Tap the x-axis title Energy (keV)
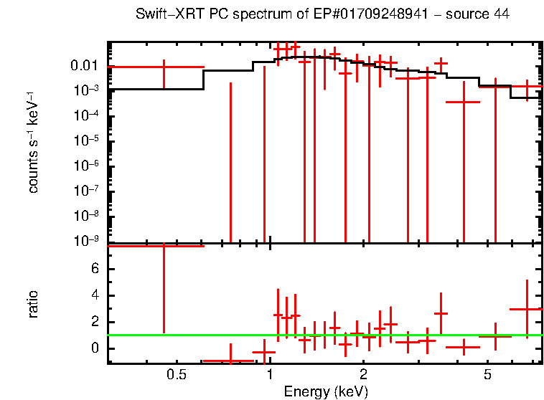click(x=325, y=391)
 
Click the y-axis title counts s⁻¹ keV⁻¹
click(x=34, y=155)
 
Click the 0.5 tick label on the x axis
click(x=176, y=375)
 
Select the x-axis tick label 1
click(x=269, y=375)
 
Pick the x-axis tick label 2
click(x=364, y=375)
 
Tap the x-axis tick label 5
click(x=487, y=375)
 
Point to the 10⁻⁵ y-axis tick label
click(x=88, y=141)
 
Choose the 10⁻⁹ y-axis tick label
click(x=88, y=242)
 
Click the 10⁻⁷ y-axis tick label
click(x=88, y=191)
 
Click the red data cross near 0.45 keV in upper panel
click(x=164, y=67)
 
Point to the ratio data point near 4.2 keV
click(x=464, y=348)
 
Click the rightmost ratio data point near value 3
click(x=527, y=309)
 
